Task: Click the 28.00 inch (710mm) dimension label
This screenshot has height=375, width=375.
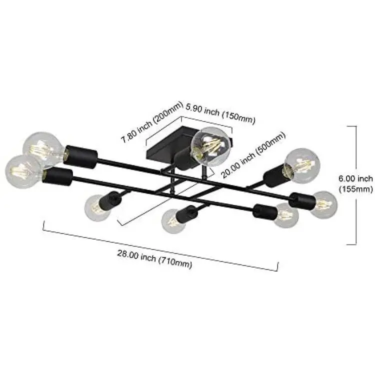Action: pos(154,259)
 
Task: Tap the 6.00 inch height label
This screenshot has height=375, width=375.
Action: pos(355,178)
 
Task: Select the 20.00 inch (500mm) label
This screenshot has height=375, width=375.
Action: pos(253,155)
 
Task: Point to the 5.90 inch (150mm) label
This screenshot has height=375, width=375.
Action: pos(220,113)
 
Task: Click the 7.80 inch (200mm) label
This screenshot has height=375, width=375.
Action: pos(152,122)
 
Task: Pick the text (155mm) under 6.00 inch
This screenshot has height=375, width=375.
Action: pos(356,189)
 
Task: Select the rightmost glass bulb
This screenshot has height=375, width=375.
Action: pos(323,204)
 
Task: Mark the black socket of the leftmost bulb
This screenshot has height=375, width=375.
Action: pos(57,177)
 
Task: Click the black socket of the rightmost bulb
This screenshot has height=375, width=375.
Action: pos(301,200)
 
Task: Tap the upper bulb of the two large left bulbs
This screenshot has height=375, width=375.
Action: pos(43,148)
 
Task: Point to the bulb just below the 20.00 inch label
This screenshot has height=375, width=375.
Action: pos(303,165)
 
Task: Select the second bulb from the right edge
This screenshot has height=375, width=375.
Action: pos(286,215)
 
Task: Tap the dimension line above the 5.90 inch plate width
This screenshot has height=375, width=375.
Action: pos(206,123)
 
